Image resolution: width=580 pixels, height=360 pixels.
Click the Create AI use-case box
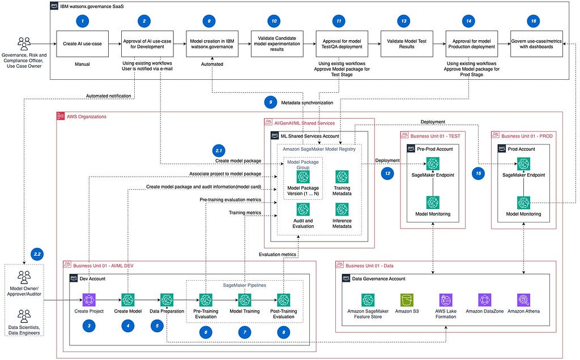coord(82,44)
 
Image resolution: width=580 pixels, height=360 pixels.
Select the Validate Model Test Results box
coord(407,44)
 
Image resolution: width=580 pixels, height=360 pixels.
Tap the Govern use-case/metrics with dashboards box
coord(536,44)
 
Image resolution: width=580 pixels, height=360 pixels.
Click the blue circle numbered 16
coord(534,21)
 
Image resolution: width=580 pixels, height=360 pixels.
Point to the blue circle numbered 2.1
coord(219,151)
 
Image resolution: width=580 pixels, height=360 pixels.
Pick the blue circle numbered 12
coord(387,173)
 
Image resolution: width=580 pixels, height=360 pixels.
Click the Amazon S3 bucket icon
coord(407,300)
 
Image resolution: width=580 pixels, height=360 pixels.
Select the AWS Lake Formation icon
coord(446,300)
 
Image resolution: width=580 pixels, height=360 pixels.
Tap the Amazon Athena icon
coord(523,300)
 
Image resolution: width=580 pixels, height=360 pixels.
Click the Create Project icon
coord(89,300)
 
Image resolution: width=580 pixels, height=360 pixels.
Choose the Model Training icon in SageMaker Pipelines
coord(245,300)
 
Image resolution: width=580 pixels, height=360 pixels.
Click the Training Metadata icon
coord(342,177)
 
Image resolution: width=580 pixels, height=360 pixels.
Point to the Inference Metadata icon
coord(342,209)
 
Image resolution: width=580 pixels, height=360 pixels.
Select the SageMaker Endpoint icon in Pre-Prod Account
coord(433,164)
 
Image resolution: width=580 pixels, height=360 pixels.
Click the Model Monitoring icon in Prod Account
coord(523,203)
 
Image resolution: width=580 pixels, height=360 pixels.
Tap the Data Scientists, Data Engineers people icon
coord(24,316)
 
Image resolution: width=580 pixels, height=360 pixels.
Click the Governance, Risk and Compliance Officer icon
coord(24,44)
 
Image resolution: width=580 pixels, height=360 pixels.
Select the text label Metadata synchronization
coord(307,103)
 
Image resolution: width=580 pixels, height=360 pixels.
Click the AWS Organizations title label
coord(87,117)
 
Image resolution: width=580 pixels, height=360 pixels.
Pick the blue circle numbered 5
coord(157,325)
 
